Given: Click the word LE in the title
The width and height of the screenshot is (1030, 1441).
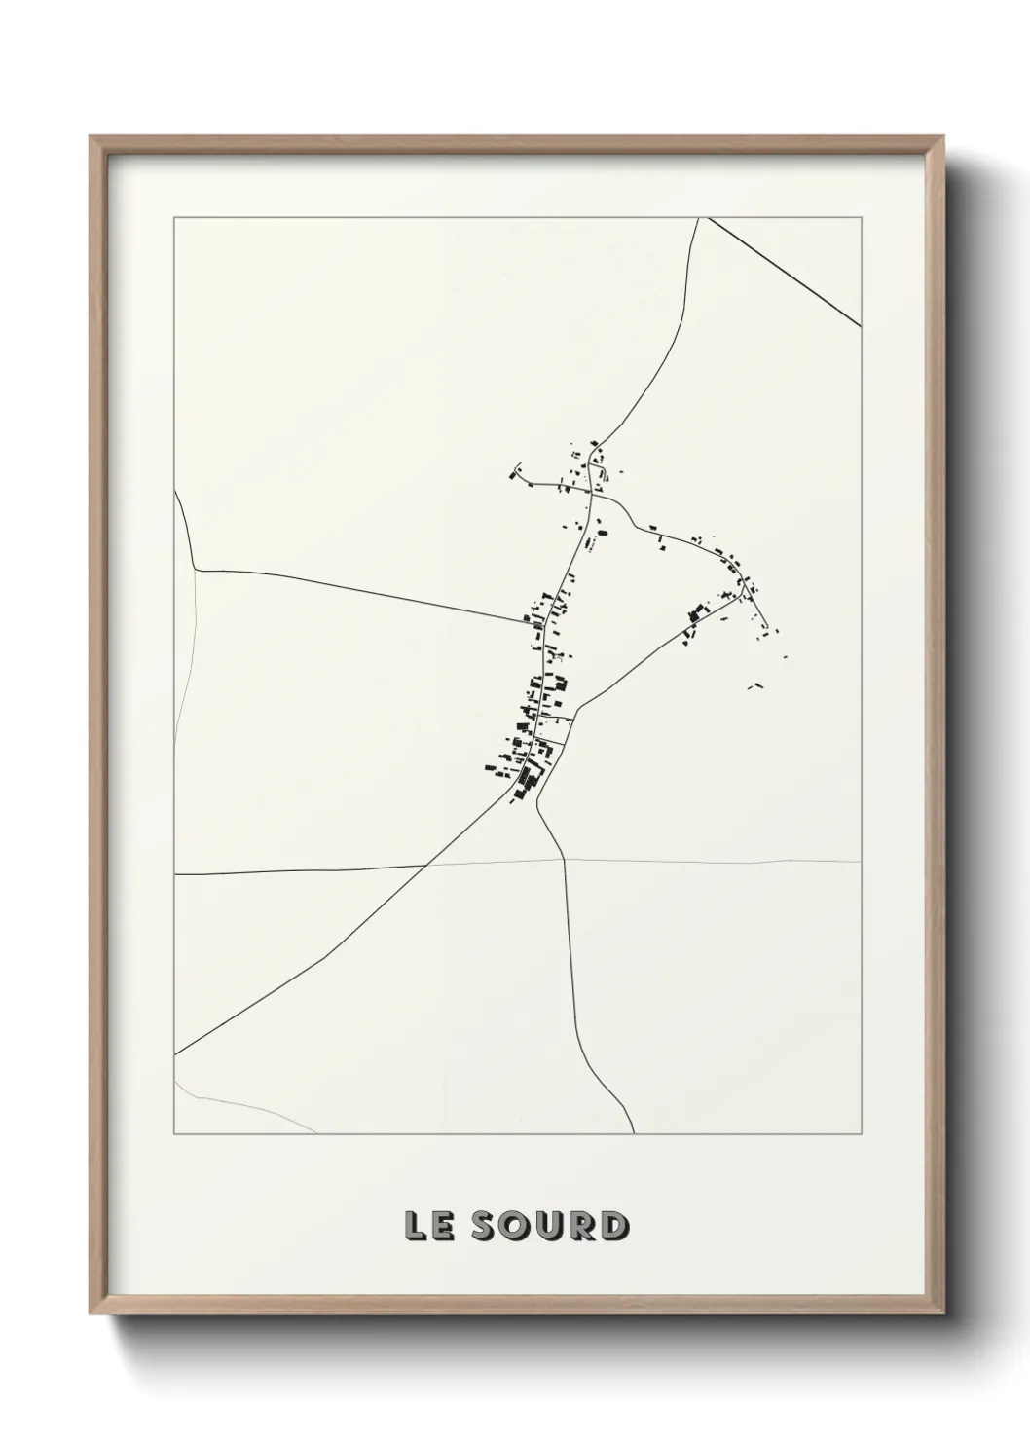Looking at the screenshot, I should click(x=428, y=1226).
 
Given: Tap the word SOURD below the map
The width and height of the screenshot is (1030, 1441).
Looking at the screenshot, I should click(x=549, y=1226).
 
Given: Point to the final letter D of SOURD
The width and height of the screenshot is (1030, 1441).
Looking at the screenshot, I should click(x=613, y=1226).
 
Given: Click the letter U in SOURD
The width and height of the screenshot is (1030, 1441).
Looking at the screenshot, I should click(x=549, y=1226).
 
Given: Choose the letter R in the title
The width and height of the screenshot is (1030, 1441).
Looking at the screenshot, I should click(x=581, y=1226).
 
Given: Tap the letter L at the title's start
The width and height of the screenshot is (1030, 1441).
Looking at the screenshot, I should click(x=417, y=1226).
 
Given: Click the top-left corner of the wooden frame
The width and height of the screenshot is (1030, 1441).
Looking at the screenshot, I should click(x=92, y=137).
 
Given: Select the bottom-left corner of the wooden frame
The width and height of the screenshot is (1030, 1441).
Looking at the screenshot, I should click(x=92, y=1313).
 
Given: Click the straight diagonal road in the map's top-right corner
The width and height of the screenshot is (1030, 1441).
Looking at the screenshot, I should click(x=784, y=272).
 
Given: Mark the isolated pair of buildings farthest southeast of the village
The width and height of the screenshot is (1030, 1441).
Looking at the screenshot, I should click(x=752, y=686).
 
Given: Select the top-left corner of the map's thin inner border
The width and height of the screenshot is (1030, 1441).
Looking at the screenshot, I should click(x=174, y=217).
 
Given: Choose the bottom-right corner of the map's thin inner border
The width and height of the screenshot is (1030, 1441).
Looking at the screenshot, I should click(x=862, y=1134).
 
